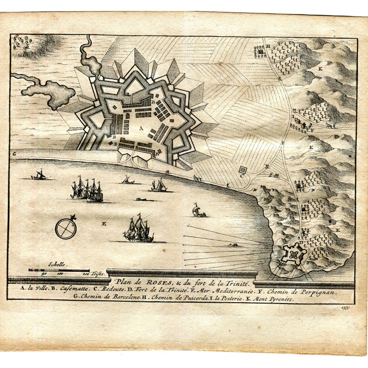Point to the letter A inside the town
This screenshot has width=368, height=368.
click(x=141, y=130)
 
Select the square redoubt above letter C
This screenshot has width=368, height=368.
click(x=243, y=171)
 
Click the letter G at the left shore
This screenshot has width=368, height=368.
click(x=14, y=153)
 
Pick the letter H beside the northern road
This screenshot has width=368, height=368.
click(x=267, y=46)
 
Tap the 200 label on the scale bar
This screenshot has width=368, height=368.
click(x=86, y=273)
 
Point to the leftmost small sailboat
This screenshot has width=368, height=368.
click(x=39, y=175)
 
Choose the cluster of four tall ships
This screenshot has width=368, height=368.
click(x=87, y=190)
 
